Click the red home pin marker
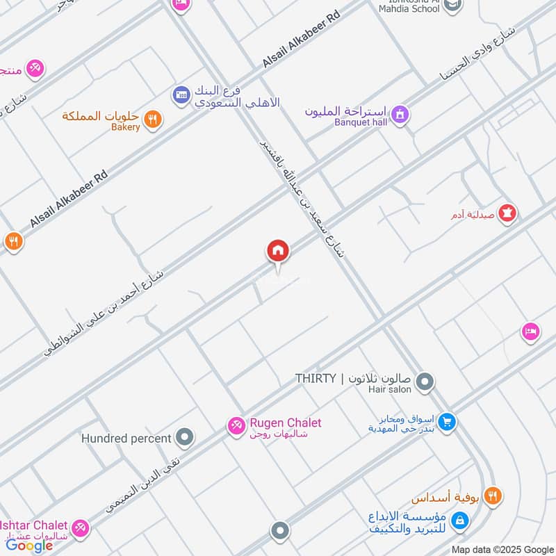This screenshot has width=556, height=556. [x=277, y=251]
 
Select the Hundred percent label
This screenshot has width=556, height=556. [x=126, y=439]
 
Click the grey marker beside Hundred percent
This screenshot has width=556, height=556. [x=185, y=438]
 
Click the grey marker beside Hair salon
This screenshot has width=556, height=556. [x=426, y=382]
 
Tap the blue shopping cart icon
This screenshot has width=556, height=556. [x=448, y=421]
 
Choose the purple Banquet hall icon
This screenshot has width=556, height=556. [x=399, y=113]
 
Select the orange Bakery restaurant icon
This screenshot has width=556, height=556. [x=155, y=120]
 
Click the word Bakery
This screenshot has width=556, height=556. [x=125, y=127]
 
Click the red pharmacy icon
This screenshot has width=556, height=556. [x=509, y=213]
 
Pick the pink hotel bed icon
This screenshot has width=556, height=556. [x=531, y=332]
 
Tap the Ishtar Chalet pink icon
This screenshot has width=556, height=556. [x=81, y=528]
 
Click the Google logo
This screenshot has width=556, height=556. [x=29, y=546]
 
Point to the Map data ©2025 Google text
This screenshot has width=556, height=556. [x=502, y=549]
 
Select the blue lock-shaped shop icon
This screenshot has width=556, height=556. [x=459, y=519]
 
